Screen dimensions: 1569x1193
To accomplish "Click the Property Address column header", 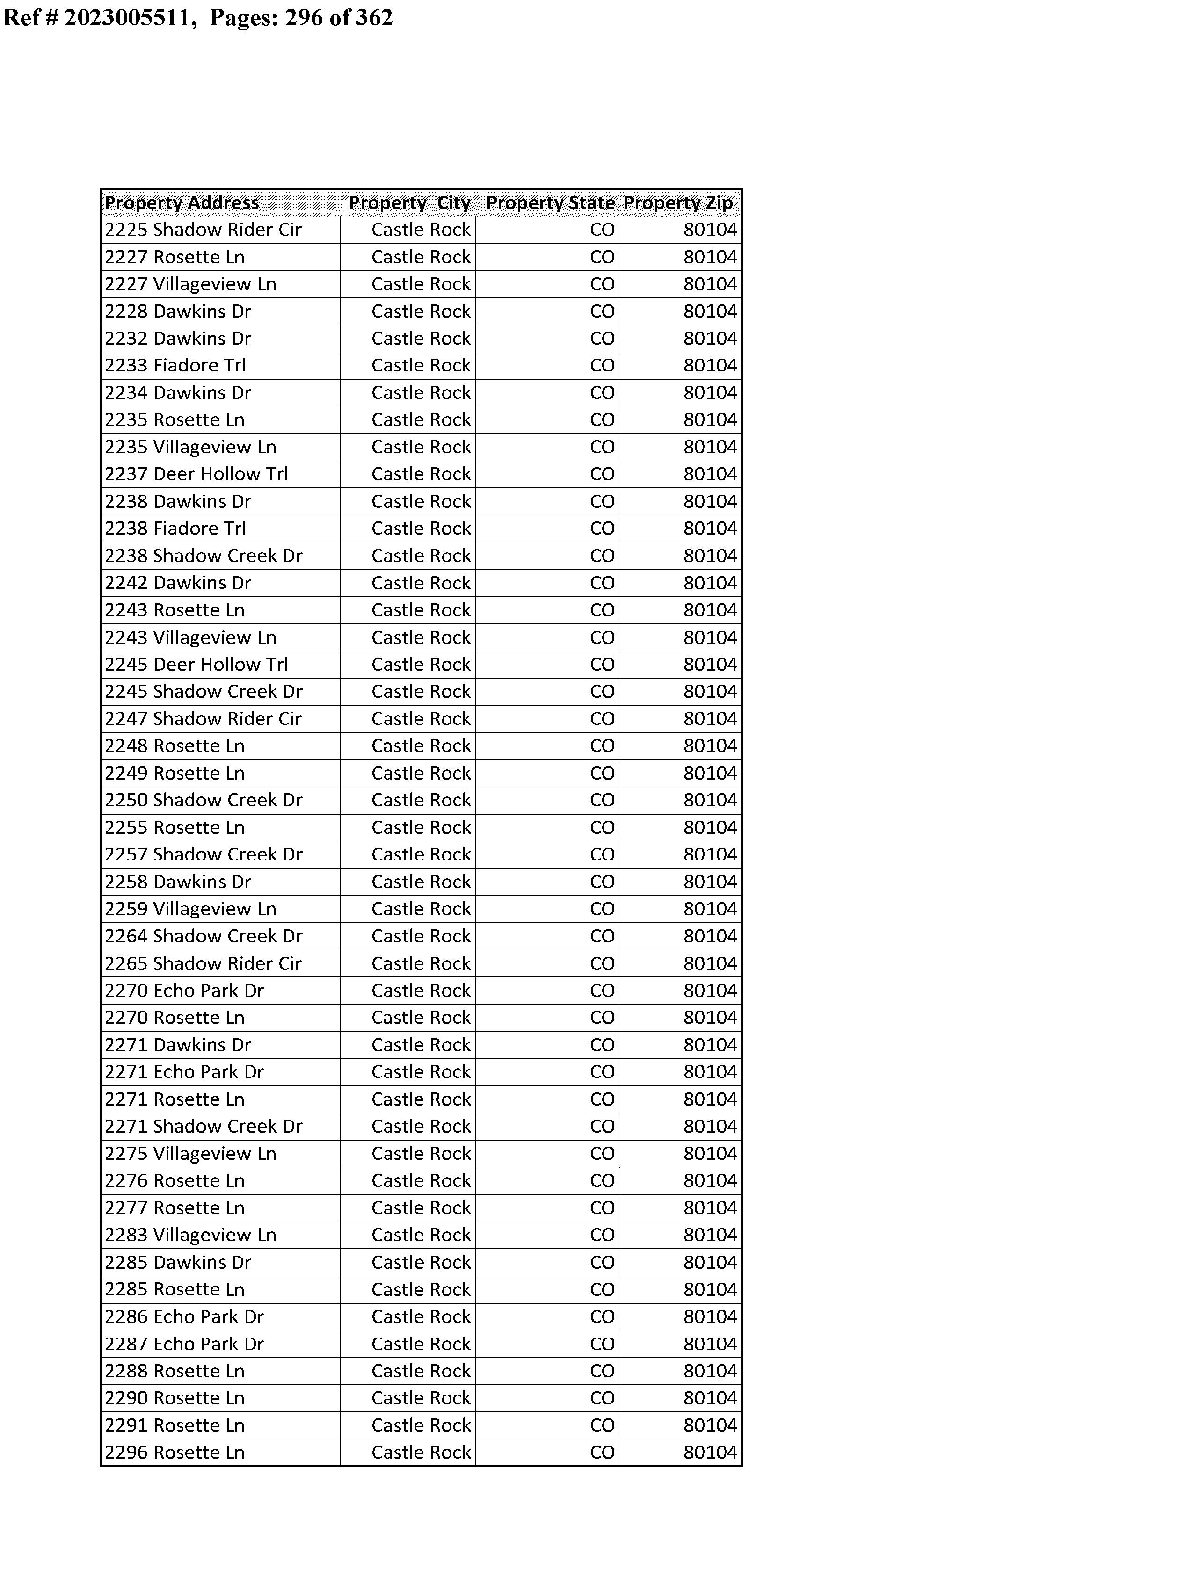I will tap(182, 203).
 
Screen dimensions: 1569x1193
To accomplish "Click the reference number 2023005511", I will tap(128, 17).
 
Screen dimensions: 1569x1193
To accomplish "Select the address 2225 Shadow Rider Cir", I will tap(203, 230).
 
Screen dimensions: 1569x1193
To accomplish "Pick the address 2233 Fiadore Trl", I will tap(175, 365).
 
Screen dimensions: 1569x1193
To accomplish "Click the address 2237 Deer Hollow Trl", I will tap(196, 474).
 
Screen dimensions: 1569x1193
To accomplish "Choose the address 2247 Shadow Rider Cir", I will tap(203, 719).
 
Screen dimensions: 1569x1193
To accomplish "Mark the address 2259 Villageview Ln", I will tap(190, 909).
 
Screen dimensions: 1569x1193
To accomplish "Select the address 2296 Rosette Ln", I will tap(175, 1453).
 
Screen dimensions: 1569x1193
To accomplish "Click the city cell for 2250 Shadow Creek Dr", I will tap(421, 801).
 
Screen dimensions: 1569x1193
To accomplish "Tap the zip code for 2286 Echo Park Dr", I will tap(710, 1317).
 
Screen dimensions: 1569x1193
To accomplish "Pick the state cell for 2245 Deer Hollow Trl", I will tap(602, 665).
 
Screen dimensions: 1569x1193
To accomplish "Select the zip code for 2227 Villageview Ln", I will tap(710, 284).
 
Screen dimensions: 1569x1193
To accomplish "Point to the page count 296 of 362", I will tap(338, 17).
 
